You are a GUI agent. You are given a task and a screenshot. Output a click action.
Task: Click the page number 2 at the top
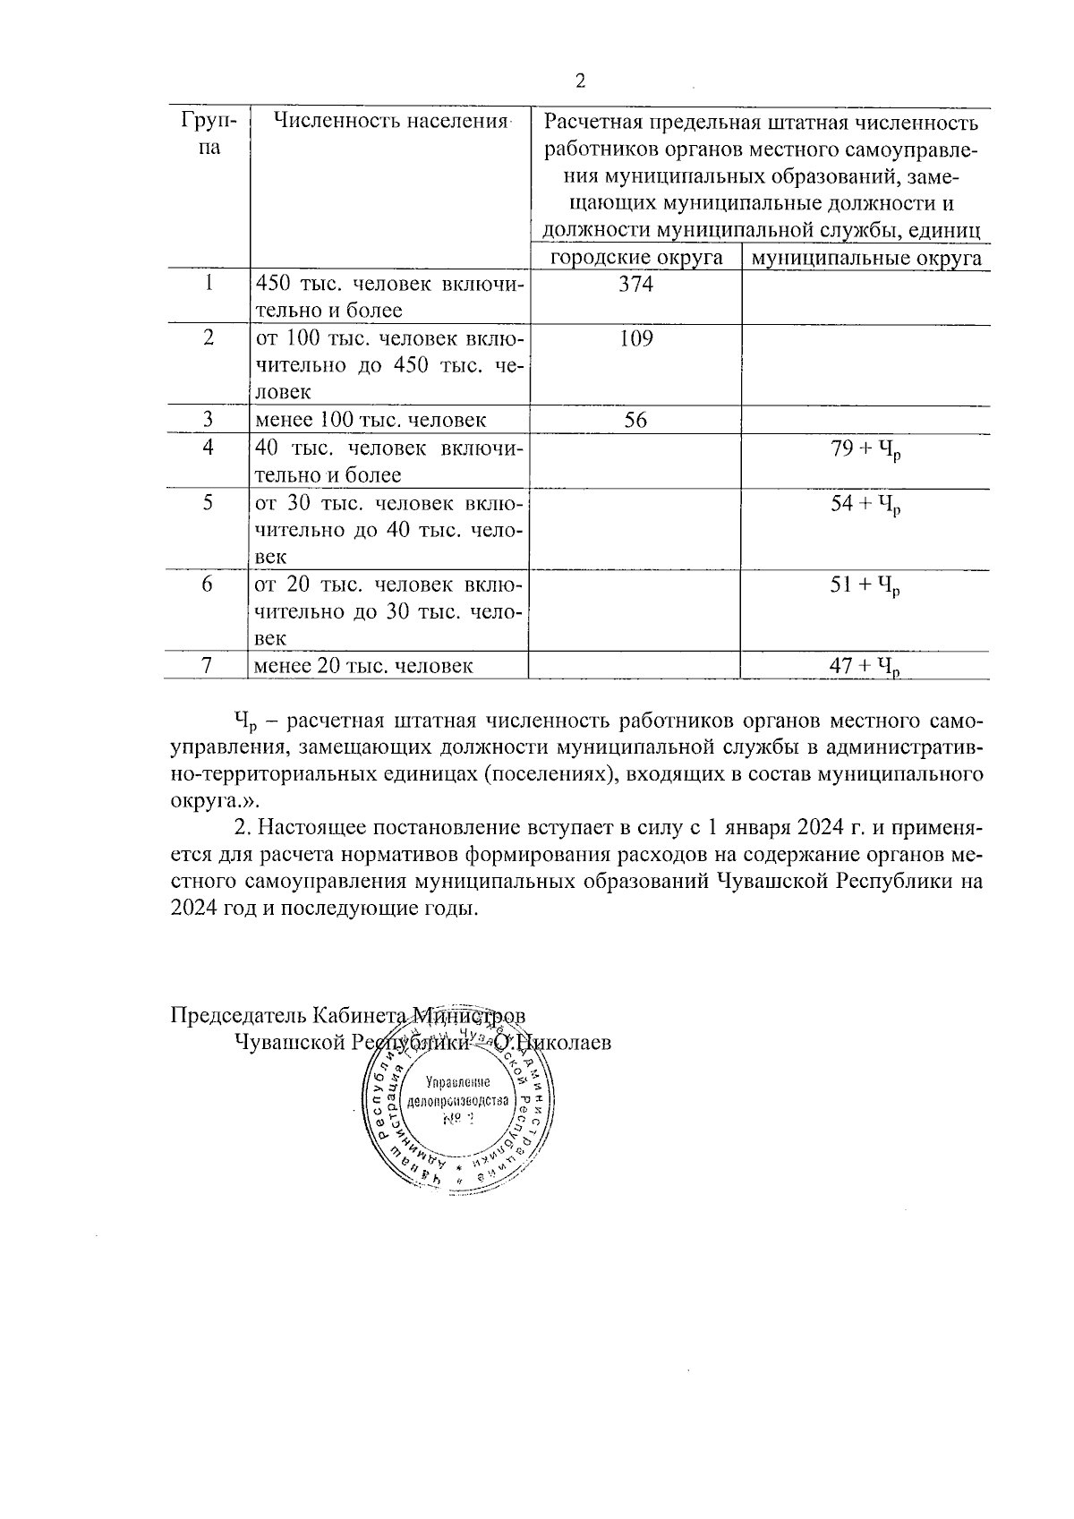tap(580, 81)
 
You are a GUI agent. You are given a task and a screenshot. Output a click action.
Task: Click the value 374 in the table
tap(635, 285)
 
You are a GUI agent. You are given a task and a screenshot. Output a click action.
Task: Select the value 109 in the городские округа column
tap(635, 338)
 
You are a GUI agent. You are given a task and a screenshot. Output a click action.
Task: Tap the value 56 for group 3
tap(635, 420)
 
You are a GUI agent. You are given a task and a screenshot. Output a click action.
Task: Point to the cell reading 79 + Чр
tap(865, 450)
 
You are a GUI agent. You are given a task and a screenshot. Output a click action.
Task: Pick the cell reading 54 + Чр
tap(865, 505)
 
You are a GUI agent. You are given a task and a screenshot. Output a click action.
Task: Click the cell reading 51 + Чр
tap(865, 586)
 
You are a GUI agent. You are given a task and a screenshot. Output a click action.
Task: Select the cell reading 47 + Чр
tap(865, 666)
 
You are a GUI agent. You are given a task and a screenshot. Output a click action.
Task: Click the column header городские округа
tap(635, 258)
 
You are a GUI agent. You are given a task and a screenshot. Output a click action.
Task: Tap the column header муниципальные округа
tap(865, 258)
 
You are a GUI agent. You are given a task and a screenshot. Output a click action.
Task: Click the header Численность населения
tap(389, 121)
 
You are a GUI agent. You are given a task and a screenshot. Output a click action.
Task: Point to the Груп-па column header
tap(209, 133)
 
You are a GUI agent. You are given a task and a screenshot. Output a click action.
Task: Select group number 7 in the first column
tap(209, 666)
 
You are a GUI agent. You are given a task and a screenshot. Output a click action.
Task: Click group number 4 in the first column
tap(209, 448)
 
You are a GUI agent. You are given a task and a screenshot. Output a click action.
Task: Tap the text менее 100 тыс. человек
tap(371, 420)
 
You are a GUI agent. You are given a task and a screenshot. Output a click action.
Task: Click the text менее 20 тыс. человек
tap(363, 666)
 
